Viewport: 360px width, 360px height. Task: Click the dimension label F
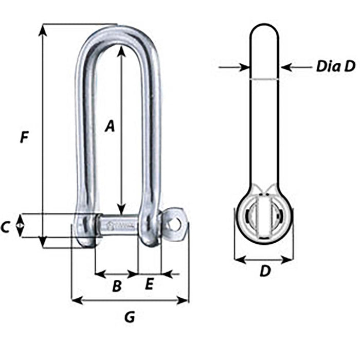(x=24, y=138)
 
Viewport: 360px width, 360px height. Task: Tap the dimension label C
(x=6, y=227)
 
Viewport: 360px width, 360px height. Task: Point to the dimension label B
(x=117, y=286)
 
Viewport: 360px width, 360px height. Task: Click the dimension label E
(x=150, y=284)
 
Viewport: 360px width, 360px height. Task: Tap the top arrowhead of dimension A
(x=121, y=50)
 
